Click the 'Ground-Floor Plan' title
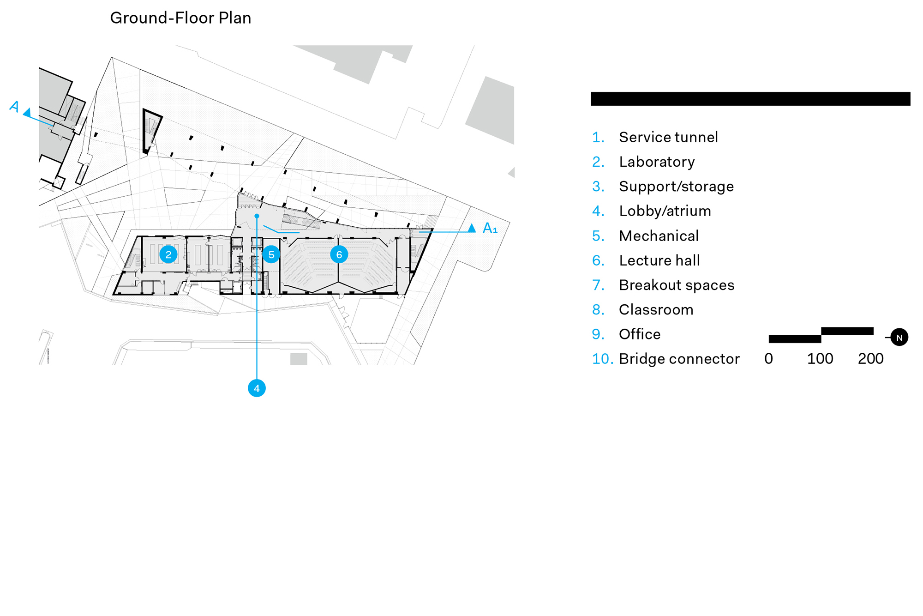click(x=180, y=18)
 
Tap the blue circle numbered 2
click(x=168, y=254)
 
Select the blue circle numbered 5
click(x=271, y=254)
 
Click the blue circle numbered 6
click(x=339, y=254)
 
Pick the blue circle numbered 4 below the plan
click(x=257, y=388)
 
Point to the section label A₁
click(x=490, y=228)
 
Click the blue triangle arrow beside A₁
click(x=472, y=228)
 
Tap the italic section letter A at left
click(x=14, y=107)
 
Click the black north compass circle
click(x=899, y=338)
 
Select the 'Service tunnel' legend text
click(x=668, y=137)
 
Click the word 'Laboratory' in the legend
click(x=657, y=162)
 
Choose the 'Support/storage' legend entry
click(x=676, y=187)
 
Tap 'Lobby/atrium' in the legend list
click(x=665, y=211)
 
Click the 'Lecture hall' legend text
click(x=659, y=260)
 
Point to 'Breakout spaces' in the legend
click(x=677, y=285)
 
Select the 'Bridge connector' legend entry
click(x=679, y=359)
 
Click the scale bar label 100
click(x=820, y=359)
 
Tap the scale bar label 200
click(x=871, y=359)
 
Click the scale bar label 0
click(x=768, y=359)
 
